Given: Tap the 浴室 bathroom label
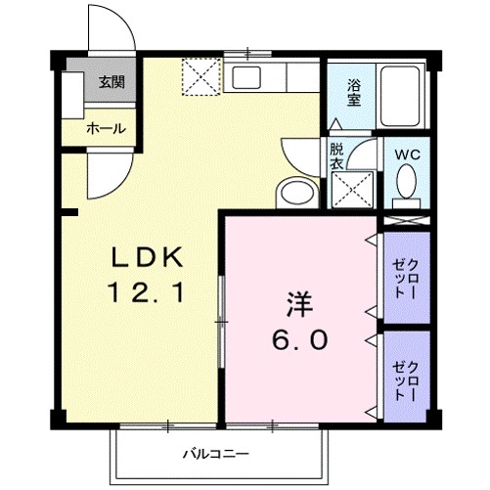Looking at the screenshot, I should [352, 91].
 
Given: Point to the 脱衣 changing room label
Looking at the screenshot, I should [336, 157].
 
